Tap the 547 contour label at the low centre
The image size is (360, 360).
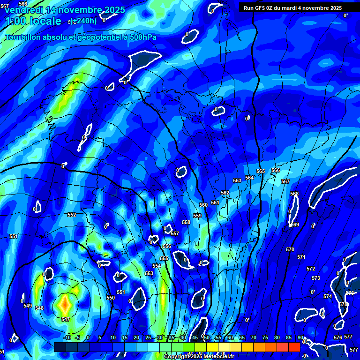tap(66, 320)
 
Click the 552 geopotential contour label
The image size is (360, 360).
tap(72, 215)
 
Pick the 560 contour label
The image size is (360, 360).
tap(203, 205)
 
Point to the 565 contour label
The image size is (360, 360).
tap(261, 172)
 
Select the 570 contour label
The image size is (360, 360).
tap(290, 250)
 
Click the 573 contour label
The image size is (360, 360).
tap(316, 278)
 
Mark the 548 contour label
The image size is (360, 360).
tap(39, 308)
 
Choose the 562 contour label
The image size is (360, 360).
tap(225, 193)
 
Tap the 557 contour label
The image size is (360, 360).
tap(175, 234)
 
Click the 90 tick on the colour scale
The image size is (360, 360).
tap(300, 338)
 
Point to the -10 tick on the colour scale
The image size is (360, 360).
tap(67, 338)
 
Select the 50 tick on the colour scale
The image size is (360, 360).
tap(207, 338)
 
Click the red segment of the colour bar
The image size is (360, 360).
tap(294, 347)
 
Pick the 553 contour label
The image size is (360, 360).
tap(149, 274)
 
